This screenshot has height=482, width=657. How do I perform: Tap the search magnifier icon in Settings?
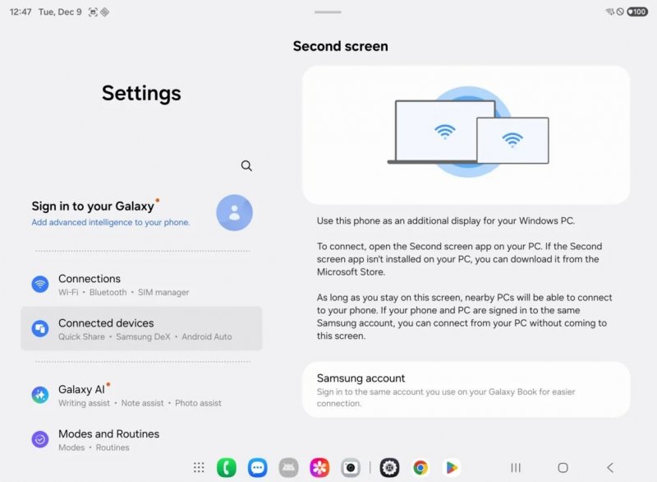tap(246, 165)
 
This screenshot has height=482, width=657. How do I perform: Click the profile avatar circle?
tap(234, 213)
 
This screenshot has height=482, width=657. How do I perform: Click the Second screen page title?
tap(340, 47)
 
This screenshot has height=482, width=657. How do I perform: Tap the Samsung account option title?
tap(361, 378)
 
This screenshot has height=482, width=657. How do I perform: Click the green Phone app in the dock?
tap(227, 467)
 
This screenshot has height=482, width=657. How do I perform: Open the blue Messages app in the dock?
tap(258, 467)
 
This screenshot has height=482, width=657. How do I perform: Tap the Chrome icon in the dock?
tap(420, 467)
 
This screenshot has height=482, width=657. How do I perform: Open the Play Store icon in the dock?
tap(451, 467)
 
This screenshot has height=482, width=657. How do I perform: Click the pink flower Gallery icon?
tap(319, 467)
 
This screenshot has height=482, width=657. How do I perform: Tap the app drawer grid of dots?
tap(199, 467)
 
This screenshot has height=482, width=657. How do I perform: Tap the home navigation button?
tap(563, 467)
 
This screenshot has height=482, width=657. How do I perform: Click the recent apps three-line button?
tap(516, 467)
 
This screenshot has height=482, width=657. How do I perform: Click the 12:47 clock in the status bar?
tap(21, 12)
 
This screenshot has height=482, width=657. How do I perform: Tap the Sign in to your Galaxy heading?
tap(93, 206)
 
